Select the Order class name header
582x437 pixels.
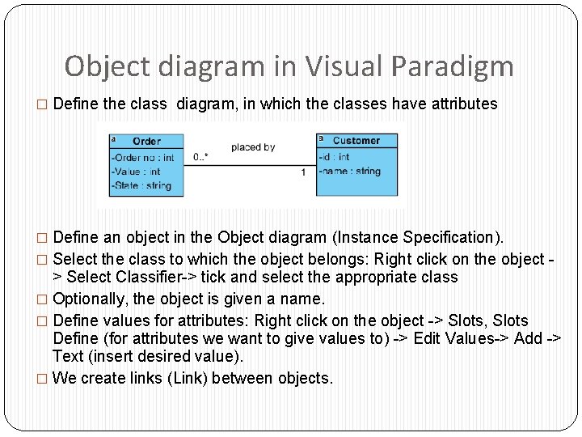coord(146,141)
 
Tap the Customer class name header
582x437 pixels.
coord(356,141)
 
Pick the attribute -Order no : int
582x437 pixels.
coord(143,157)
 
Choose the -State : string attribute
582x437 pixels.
coord(141,185)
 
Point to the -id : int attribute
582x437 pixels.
coord(334,157)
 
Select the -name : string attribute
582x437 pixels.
coord(349,171)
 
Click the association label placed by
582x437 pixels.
coord(253,147)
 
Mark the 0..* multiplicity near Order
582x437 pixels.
coord(200,156)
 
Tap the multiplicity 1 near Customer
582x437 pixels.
coord(303,172)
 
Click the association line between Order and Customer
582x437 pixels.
coord(251,165)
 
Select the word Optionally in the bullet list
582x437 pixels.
coord(88,299)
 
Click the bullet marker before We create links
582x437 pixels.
coord(43,379)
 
